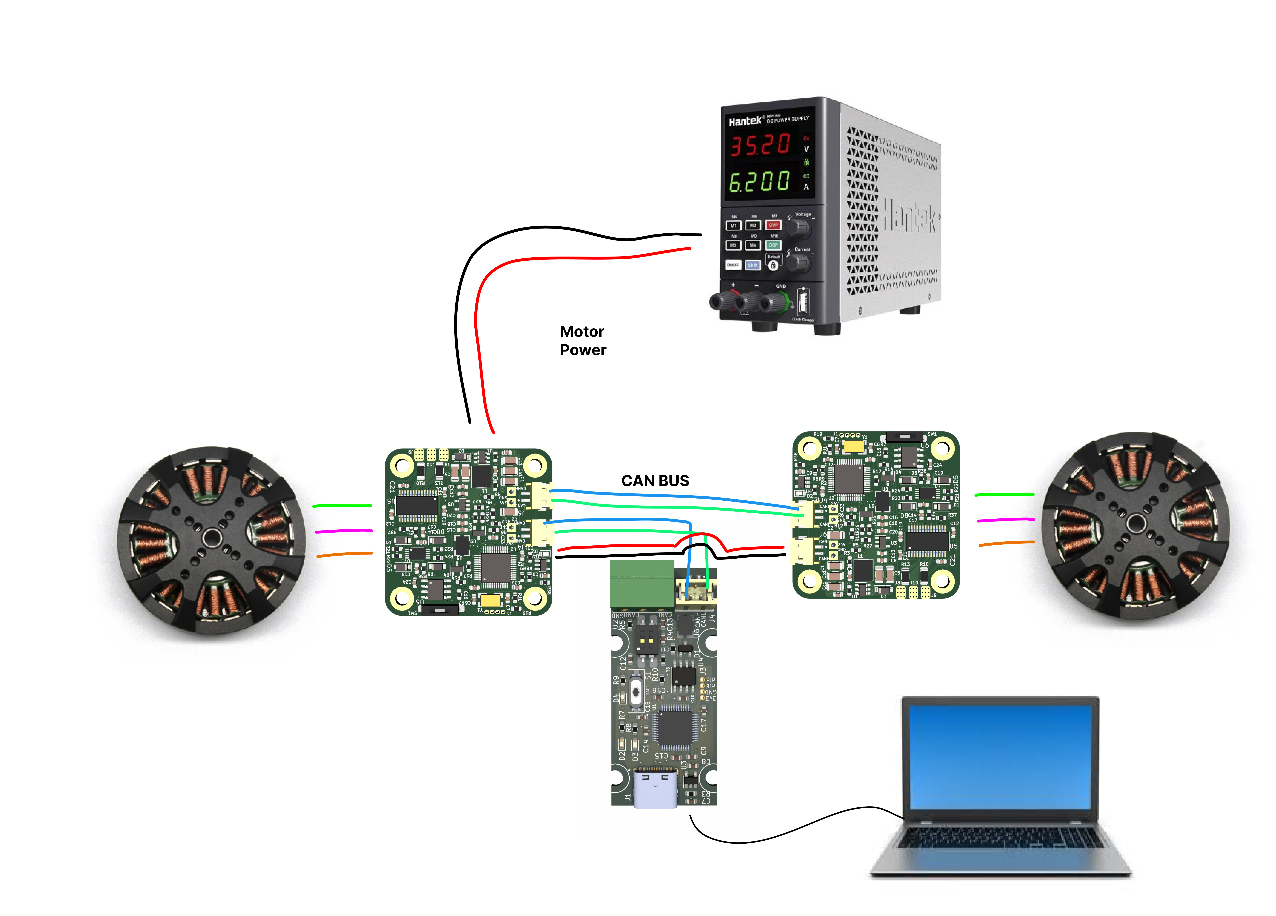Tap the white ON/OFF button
coord(733,265)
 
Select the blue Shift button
coord(753,265)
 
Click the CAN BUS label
coord(655,481)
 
